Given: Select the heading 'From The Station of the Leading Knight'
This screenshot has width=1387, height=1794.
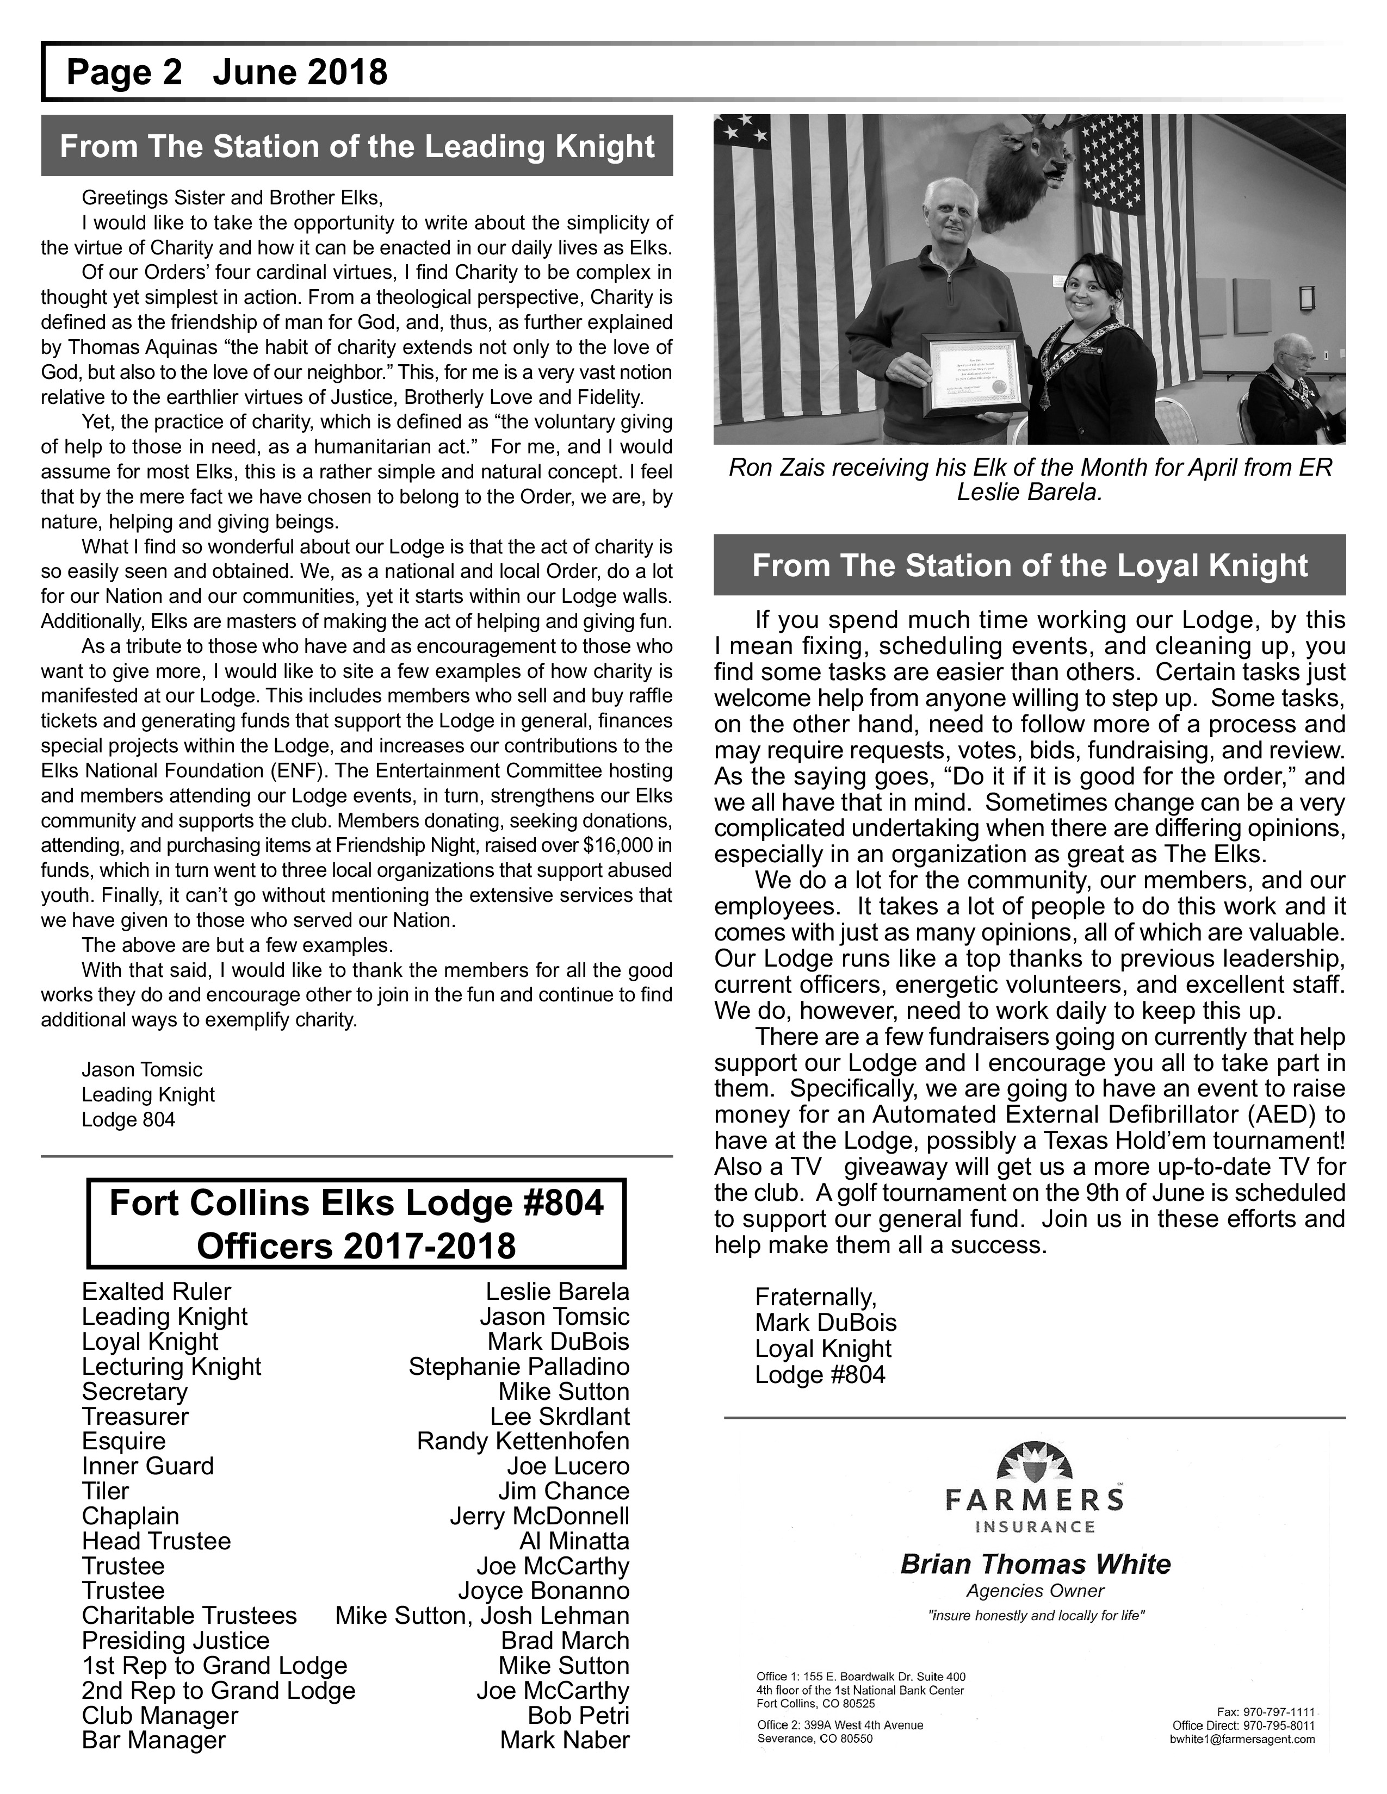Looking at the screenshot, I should pyautogui.click(x=357, y=146).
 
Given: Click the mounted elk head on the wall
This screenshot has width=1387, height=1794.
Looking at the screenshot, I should pyautogui.click(x=1019, y=169).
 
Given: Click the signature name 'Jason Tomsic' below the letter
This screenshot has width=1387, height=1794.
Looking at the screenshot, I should pyautogui.click(x=141, y=1069).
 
